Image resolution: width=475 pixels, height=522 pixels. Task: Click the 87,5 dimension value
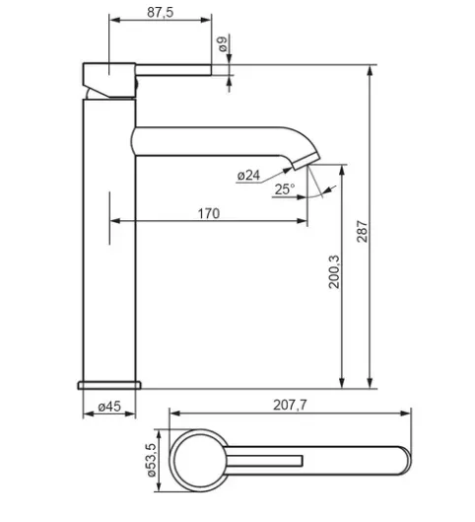point(161,12)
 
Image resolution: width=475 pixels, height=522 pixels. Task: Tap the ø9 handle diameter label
point(223,44)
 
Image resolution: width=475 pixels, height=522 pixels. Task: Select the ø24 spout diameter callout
point(248,175)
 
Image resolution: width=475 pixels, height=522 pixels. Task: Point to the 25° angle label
point(285,189)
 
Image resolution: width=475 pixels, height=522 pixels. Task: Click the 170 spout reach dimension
point(209,213)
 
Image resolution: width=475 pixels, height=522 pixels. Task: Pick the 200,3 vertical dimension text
point(334,271)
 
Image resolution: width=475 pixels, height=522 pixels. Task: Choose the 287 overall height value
point(363,231)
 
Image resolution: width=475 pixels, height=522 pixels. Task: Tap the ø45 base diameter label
point(109,407)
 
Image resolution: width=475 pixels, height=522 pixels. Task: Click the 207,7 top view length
point(290,405)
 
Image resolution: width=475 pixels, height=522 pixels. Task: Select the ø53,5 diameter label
point(151,460)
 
